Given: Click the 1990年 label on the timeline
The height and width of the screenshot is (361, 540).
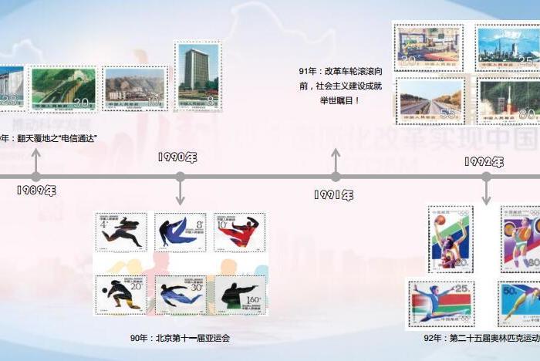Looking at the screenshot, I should [x=177, y=157].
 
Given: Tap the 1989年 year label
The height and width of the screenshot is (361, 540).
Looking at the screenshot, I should [x=36, y=191].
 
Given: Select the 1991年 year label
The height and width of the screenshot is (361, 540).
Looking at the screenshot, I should [x=333, y=195].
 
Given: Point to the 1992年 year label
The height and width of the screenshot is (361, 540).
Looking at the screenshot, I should [x=484, y=162].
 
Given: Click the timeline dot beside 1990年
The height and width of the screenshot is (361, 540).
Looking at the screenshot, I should [x=180, y=177].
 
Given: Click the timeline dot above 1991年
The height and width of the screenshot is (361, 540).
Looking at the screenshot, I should [x=336, y=177].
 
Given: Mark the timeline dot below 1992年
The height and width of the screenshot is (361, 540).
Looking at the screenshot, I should [x=486, y=177].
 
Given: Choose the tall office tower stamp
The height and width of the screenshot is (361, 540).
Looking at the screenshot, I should [x=197, y=76].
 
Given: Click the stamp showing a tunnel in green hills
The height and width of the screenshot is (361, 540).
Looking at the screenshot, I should [x=63, y=89].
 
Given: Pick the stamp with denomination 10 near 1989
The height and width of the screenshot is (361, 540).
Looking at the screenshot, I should [x=135, y=89].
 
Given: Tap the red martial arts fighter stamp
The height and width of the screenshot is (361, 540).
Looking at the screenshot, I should [x=239, y=232].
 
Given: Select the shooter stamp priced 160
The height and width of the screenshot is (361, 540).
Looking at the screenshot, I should [x=239, y=295].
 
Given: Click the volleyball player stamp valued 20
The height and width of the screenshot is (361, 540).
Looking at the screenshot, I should [x=121, y=295].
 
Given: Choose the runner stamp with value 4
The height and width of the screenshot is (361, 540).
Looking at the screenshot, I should [x=121, y=232].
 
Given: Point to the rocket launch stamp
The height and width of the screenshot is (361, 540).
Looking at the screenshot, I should [x=508, y=100].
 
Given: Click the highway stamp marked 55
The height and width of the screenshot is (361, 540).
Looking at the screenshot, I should [x=430, y=100].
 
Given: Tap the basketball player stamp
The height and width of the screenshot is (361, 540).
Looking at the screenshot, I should [x=450, y=238].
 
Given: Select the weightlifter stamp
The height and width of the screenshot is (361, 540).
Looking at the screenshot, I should [x=521, y=238].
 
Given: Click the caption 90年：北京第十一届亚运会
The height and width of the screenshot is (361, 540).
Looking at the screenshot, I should [x=180, y=338].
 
